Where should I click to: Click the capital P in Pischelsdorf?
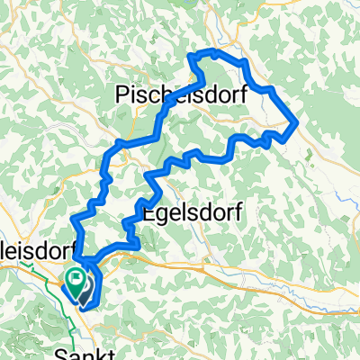(124, 93)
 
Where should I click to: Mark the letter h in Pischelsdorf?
(164, 93)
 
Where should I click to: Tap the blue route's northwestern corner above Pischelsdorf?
(190, 58)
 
